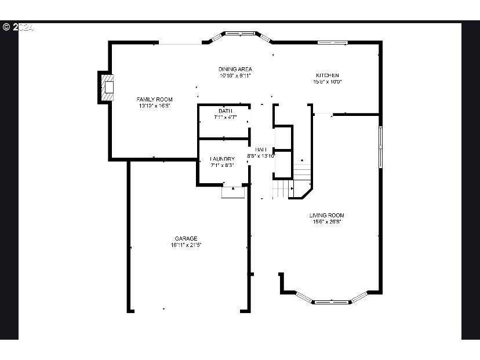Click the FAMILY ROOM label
154,99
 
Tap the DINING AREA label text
235,69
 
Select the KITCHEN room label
327,75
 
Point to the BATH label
225,111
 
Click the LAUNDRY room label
223,159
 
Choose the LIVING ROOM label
326,215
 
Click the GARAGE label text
186,238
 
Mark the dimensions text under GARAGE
186,245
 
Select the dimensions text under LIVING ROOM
326,221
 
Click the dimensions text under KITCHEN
327,82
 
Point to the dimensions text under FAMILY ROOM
154,106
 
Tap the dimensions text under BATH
225,117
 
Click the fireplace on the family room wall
107,86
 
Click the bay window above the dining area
237,34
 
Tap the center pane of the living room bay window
332,301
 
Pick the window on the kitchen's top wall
332,42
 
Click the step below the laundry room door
234,192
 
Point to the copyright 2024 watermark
18,27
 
